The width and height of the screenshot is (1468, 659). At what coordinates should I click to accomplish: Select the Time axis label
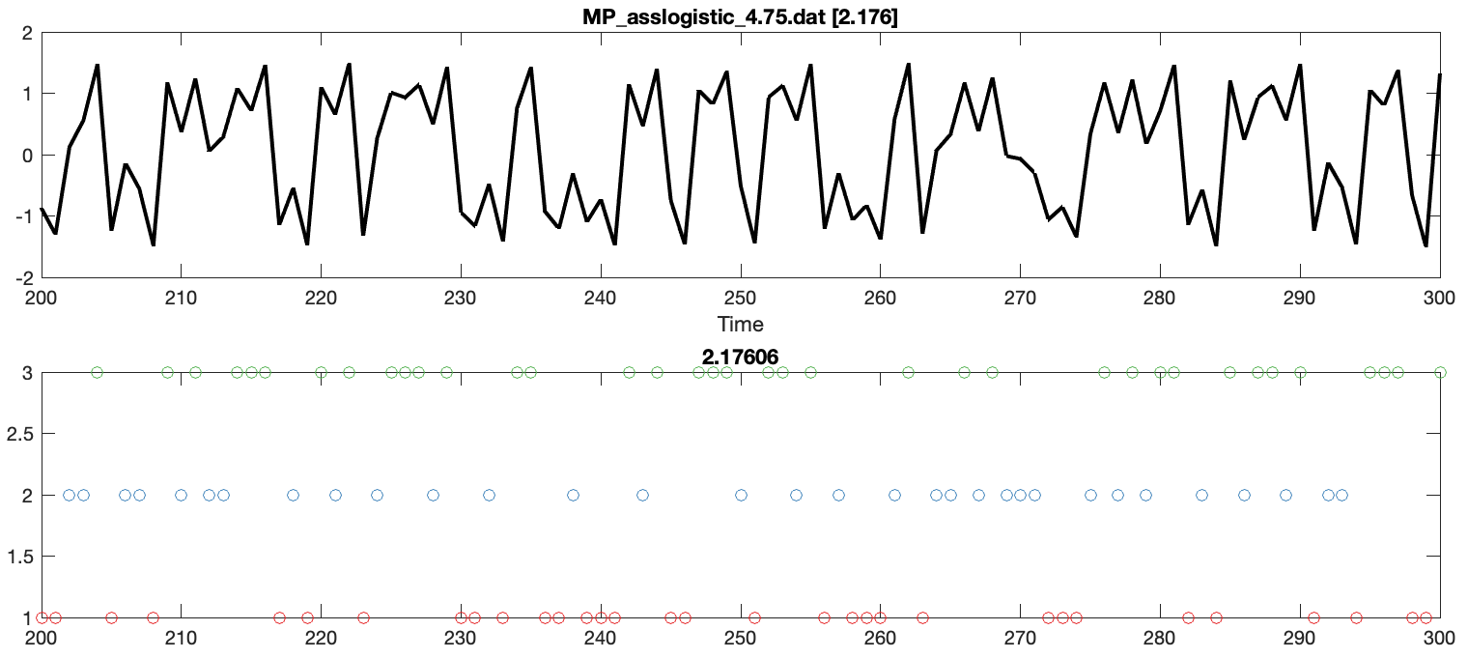(x=740, y=324)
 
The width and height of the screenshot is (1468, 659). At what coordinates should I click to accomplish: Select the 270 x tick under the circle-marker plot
(x=1020, y=637)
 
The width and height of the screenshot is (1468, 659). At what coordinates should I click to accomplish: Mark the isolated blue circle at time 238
(x=573, y=495)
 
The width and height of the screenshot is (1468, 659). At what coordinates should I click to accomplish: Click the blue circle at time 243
(x=642, y=495)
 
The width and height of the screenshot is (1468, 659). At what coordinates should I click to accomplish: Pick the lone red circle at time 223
(x=363, y=617)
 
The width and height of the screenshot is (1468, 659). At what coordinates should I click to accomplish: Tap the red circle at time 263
(x=922, y=617)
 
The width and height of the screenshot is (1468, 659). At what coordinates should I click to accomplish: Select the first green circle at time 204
(x=97, y=372)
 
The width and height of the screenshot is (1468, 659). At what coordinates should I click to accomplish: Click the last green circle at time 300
(x=1440, y=372)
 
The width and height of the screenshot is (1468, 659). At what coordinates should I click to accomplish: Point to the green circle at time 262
(x=908, y=372)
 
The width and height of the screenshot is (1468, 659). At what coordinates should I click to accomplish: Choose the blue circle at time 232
(x=489, y=495)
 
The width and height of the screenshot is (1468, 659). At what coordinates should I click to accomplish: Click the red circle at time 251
(x=754, y=617)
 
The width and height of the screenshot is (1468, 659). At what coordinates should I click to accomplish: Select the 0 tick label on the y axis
(x=27, y=156)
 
